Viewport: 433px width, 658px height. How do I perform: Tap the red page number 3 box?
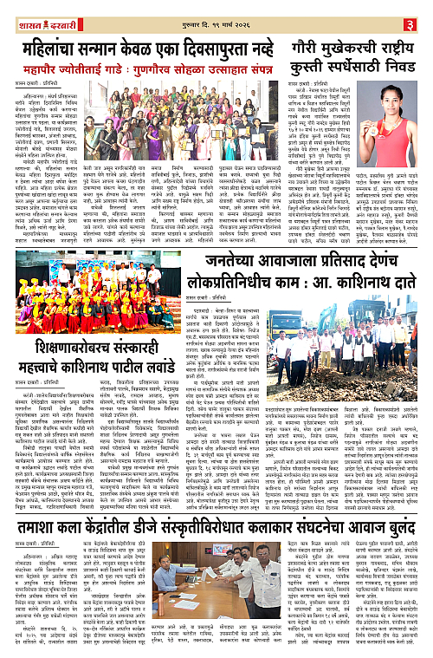[421, 11]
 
